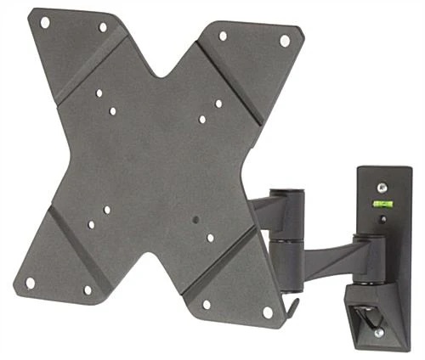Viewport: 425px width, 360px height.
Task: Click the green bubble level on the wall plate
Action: tap(380, 204)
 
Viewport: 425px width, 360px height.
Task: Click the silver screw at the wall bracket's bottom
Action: tap(379, 332)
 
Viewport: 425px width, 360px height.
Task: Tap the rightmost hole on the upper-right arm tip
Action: tap(284, 40)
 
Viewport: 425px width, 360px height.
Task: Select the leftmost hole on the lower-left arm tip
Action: tap(31, 282)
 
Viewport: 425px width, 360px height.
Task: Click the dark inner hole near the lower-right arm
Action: tap(195, 220)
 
